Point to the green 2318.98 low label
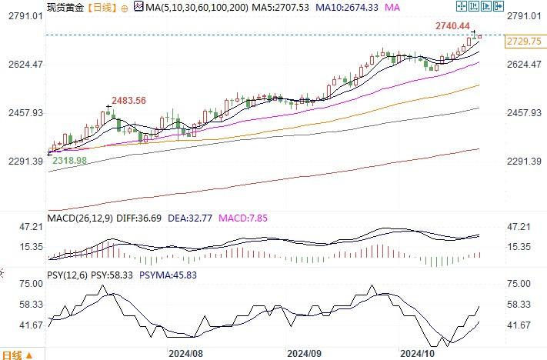68,159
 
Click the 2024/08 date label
185,354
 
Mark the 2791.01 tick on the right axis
525,15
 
